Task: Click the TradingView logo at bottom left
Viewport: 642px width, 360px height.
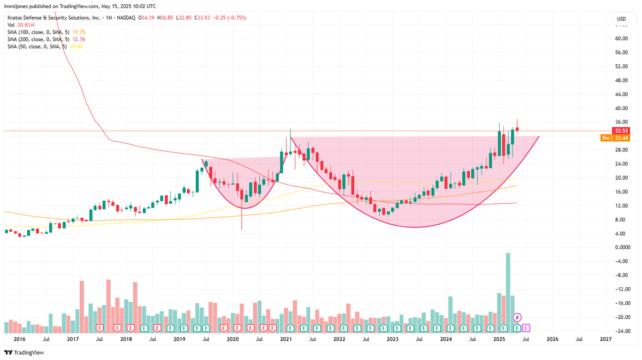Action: coord(24,353)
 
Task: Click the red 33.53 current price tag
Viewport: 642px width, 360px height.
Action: coord(621,131)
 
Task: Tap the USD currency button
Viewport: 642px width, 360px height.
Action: coord(621,19)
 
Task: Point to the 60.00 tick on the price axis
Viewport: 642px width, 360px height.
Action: coord(621,39)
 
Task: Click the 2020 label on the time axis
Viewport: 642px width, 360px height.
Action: coord(232,339)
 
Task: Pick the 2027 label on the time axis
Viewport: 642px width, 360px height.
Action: coord(606,339)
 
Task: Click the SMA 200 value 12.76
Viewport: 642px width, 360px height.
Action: coord(102,39)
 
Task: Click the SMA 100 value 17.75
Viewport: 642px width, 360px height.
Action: coord(102,32)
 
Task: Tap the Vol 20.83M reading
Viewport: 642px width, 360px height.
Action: coord(26,25)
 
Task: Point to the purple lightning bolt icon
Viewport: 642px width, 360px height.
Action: coord(517,317)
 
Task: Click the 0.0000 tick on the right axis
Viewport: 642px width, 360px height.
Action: coord(622,248)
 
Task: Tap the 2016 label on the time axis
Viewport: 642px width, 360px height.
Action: coord(19,339)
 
